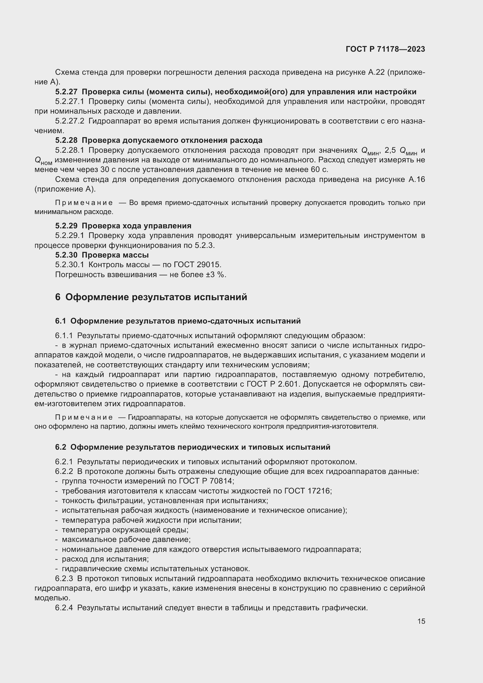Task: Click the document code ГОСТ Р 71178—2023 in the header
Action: [385, 49]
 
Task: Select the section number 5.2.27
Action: [66, 92]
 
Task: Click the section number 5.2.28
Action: [66, 140]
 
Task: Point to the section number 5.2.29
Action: [66, 225]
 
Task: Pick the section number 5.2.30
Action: [66, 255]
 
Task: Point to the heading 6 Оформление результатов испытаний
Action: [151, 297]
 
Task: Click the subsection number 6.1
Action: [60, 321]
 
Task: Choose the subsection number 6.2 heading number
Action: [60, 447]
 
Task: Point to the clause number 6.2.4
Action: [64, 608]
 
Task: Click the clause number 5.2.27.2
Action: [70, 121]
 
